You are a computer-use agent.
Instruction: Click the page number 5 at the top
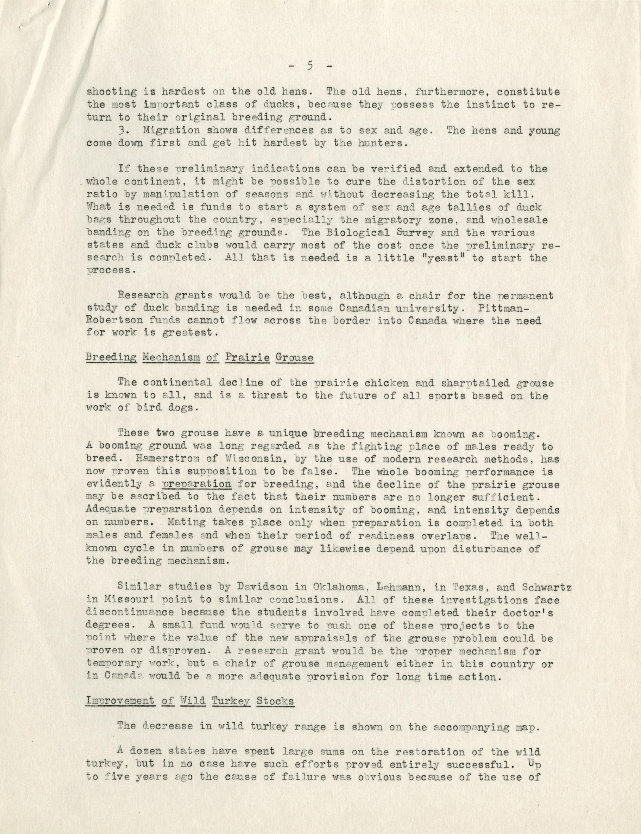(309, 66)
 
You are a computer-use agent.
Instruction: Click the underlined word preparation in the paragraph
(197, 484)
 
